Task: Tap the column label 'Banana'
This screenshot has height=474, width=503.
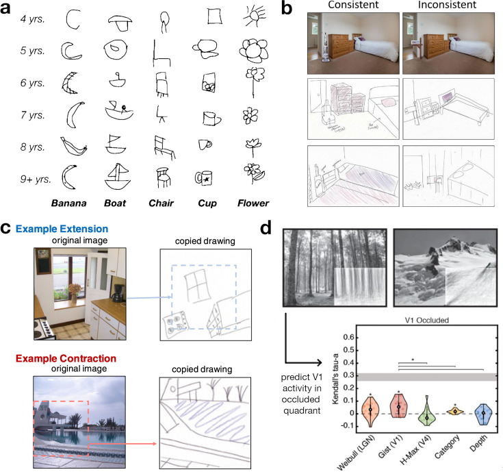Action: [x=72, y=203]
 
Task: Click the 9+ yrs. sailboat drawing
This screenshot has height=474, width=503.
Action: [x=117, y=175]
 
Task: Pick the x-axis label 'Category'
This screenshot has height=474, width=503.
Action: [x=448, y=451]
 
